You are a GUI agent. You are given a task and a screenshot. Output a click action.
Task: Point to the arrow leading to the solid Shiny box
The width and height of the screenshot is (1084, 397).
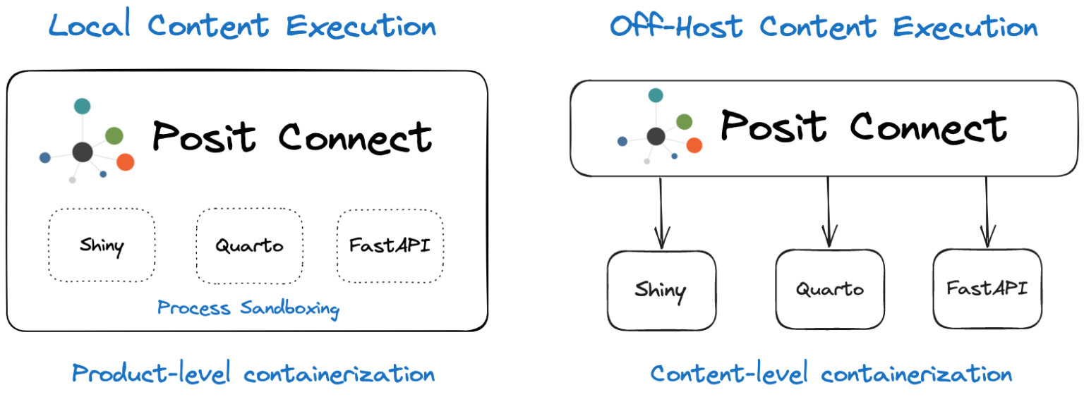point(661,213)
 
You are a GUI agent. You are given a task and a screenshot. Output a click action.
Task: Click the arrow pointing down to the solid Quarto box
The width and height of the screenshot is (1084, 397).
point(829,212)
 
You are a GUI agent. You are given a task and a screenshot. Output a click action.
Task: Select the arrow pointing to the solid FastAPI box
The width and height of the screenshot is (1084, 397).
point(987,212)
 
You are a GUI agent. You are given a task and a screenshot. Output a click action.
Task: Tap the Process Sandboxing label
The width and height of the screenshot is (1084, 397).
point(248,309)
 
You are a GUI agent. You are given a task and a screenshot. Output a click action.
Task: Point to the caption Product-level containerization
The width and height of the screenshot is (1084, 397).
point(253,373)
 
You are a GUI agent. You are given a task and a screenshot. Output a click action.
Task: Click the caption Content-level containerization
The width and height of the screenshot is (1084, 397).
point(831,373)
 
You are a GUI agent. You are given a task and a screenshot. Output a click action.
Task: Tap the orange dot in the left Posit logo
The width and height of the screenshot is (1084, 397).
point(126,162)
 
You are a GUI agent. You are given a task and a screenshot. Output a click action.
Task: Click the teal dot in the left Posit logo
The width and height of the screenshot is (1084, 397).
point(83,106)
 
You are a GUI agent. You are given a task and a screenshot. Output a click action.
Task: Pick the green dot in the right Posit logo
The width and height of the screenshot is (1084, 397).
point(685,122)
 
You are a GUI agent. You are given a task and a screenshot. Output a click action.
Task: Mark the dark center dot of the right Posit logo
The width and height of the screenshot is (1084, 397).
point(656,136)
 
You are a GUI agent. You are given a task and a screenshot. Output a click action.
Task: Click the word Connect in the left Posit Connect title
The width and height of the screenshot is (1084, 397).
point(355,138)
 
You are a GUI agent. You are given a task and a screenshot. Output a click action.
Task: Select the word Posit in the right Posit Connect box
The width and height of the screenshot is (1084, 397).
point(773,126)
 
